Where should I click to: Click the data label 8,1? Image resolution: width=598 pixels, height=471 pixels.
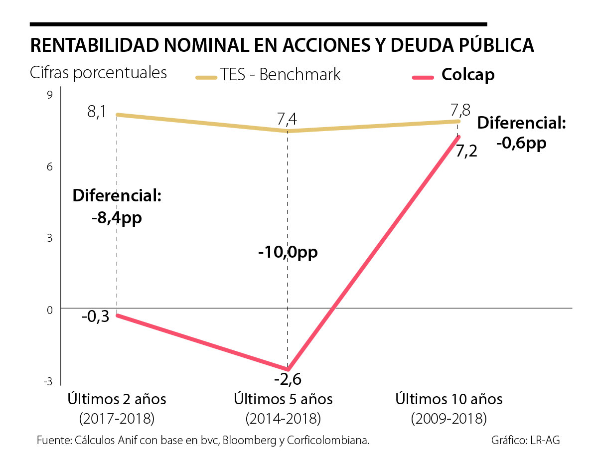(x=97, y=112)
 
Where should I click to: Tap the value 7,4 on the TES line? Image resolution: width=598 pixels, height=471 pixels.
(x=287, y=120)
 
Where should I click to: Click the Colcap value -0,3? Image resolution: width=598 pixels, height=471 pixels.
(x=96, y=317)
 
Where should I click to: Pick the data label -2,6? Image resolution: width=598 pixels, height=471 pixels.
(x=288, y=380)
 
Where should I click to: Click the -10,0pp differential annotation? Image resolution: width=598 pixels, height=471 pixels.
(x=288, y=252)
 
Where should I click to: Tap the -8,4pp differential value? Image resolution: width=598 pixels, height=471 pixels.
(x=117, y=218)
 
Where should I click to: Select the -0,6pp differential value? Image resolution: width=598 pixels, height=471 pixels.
(x=521, y=143)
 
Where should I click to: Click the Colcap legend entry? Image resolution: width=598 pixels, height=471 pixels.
(x=467, y=75)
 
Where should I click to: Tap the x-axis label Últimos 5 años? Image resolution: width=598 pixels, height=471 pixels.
(x=283, y=399)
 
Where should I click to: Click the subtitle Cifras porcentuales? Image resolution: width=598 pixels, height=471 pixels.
(x=98, y=73)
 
